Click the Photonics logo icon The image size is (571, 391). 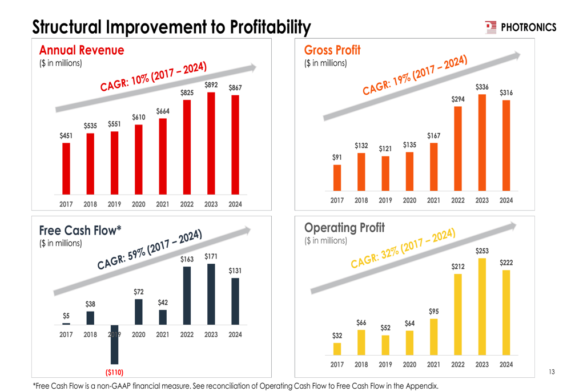pyautogui.click(x=490, y=27)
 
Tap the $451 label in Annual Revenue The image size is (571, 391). pyautogui.click(x=66, y=135)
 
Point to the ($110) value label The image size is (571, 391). pyautogui.click(x=114, y=373)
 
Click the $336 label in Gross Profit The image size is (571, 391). pyautogui.click(x=482, y=87)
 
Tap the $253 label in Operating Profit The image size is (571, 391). pyautogui.click(x=482, y=251)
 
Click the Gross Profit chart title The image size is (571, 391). pyautogui.click(x=332, y=50)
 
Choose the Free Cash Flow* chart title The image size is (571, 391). pyautogui.click(x=81, y=231)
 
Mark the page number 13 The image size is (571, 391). pyautogui.click(x=551, y=372)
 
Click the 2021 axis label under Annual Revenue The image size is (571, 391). pyautogui.click(x=163, y=204)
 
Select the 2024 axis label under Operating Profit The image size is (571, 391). pyautogui.click(x=506, y=364)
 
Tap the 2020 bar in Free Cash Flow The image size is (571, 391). pyautogui.click(x=139, y=311)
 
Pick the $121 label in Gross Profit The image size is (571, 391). pyautogui.click(x=385, y=149)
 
